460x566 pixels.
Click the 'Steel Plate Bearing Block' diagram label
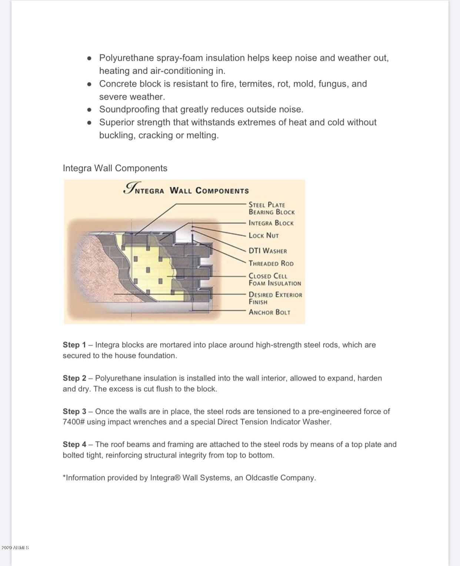coord(271,208)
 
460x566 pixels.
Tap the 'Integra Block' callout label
coord(271,223)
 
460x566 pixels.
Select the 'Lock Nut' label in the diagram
coord(263,235)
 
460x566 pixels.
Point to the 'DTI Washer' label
coord(267,251)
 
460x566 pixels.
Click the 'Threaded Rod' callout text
coord(271,264)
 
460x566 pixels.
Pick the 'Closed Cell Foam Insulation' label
coord(274,279)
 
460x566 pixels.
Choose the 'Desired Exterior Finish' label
coord(275,298)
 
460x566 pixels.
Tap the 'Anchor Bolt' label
coord(269,312)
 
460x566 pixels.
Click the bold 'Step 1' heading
coord(74,345)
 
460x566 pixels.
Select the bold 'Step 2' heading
coord(74,378)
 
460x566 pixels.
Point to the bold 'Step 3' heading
coord(74,411)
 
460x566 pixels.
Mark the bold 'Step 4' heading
coord(74,444)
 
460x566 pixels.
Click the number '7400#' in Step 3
coord(74,422)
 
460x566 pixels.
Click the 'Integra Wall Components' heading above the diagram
coord(115,168)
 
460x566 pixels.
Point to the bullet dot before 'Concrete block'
coord(89,84)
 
